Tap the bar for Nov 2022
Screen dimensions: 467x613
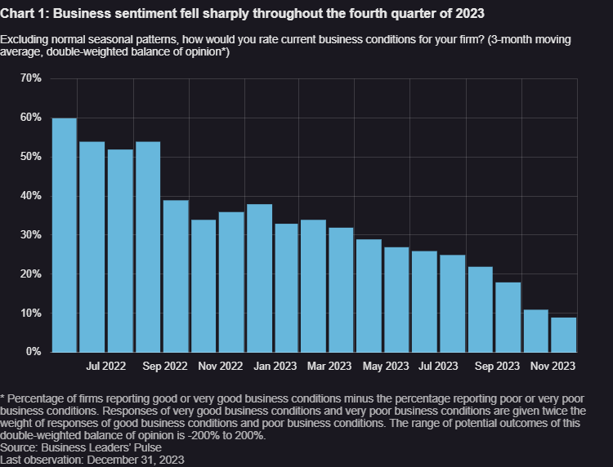[x=204, y=286]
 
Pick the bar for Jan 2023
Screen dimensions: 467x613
[x=259, y=278]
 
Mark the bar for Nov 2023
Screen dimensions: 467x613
[x=536, y=331]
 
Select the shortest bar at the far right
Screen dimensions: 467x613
[x=564, y=335]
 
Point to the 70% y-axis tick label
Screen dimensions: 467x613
[x=31, y=78]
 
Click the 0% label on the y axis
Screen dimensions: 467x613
[x=34, y=352]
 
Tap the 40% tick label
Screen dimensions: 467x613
[x=31, y=196]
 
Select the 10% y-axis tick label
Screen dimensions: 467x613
[x=31, y=314]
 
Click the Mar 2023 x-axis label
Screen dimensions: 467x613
[x=329, y=367]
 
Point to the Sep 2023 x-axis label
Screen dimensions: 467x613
[x=496, y=367]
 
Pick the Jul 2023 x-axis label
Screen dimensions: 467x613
[x=437, y=367]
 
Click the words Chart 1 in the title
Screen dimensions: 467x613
[x=25, y=12]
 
